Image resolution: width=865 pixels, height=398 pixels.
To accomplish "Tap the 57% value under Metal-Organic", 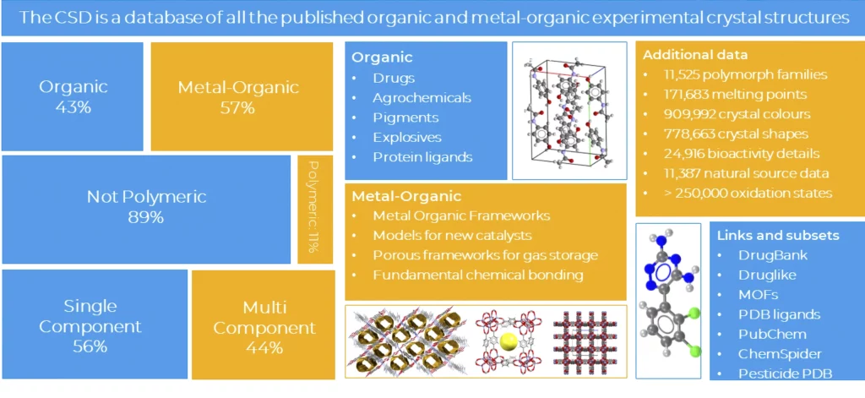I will point(238,107).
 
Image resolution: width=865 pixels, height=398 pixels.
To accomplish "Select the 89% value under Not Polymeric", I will point(147,217).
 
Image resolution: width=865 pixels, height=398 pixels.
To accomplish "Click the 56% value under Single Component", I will point(90,346).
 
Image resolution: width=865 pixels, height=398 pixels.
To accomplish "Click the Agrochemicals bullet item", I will point(422,98).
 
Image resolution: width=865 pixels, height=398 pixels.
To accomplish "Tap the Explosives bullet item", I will point(407,137).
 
